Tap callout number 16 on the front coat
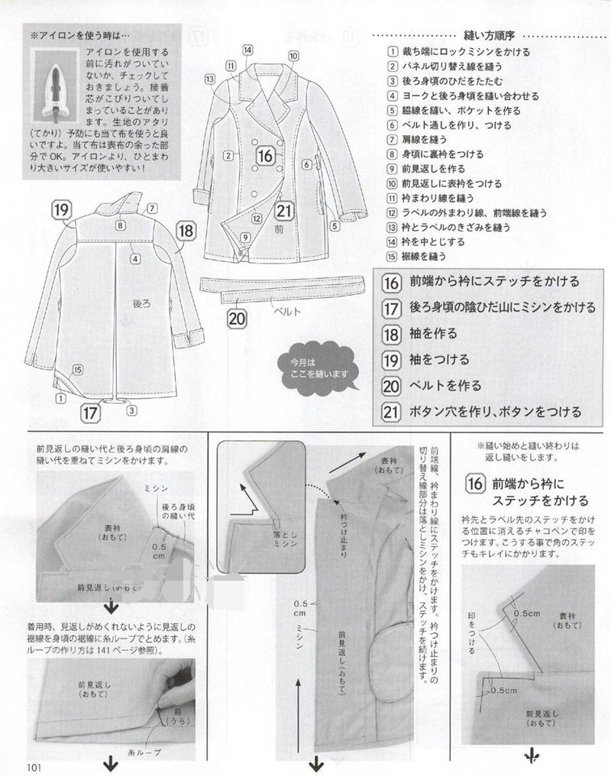coord(265,155)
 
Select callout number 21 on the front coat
coord(285,212)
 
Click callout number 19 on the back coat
coord(63,209)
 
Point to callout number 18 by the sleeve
coord(186,230)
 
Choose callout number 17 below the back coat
coord(91,413)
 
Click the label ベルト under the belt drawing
coord(288,312)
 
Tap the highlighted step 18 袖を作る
coord(433,333)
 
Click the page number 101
coord(34,767)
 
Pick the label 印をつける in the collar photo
coord(472,632)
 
